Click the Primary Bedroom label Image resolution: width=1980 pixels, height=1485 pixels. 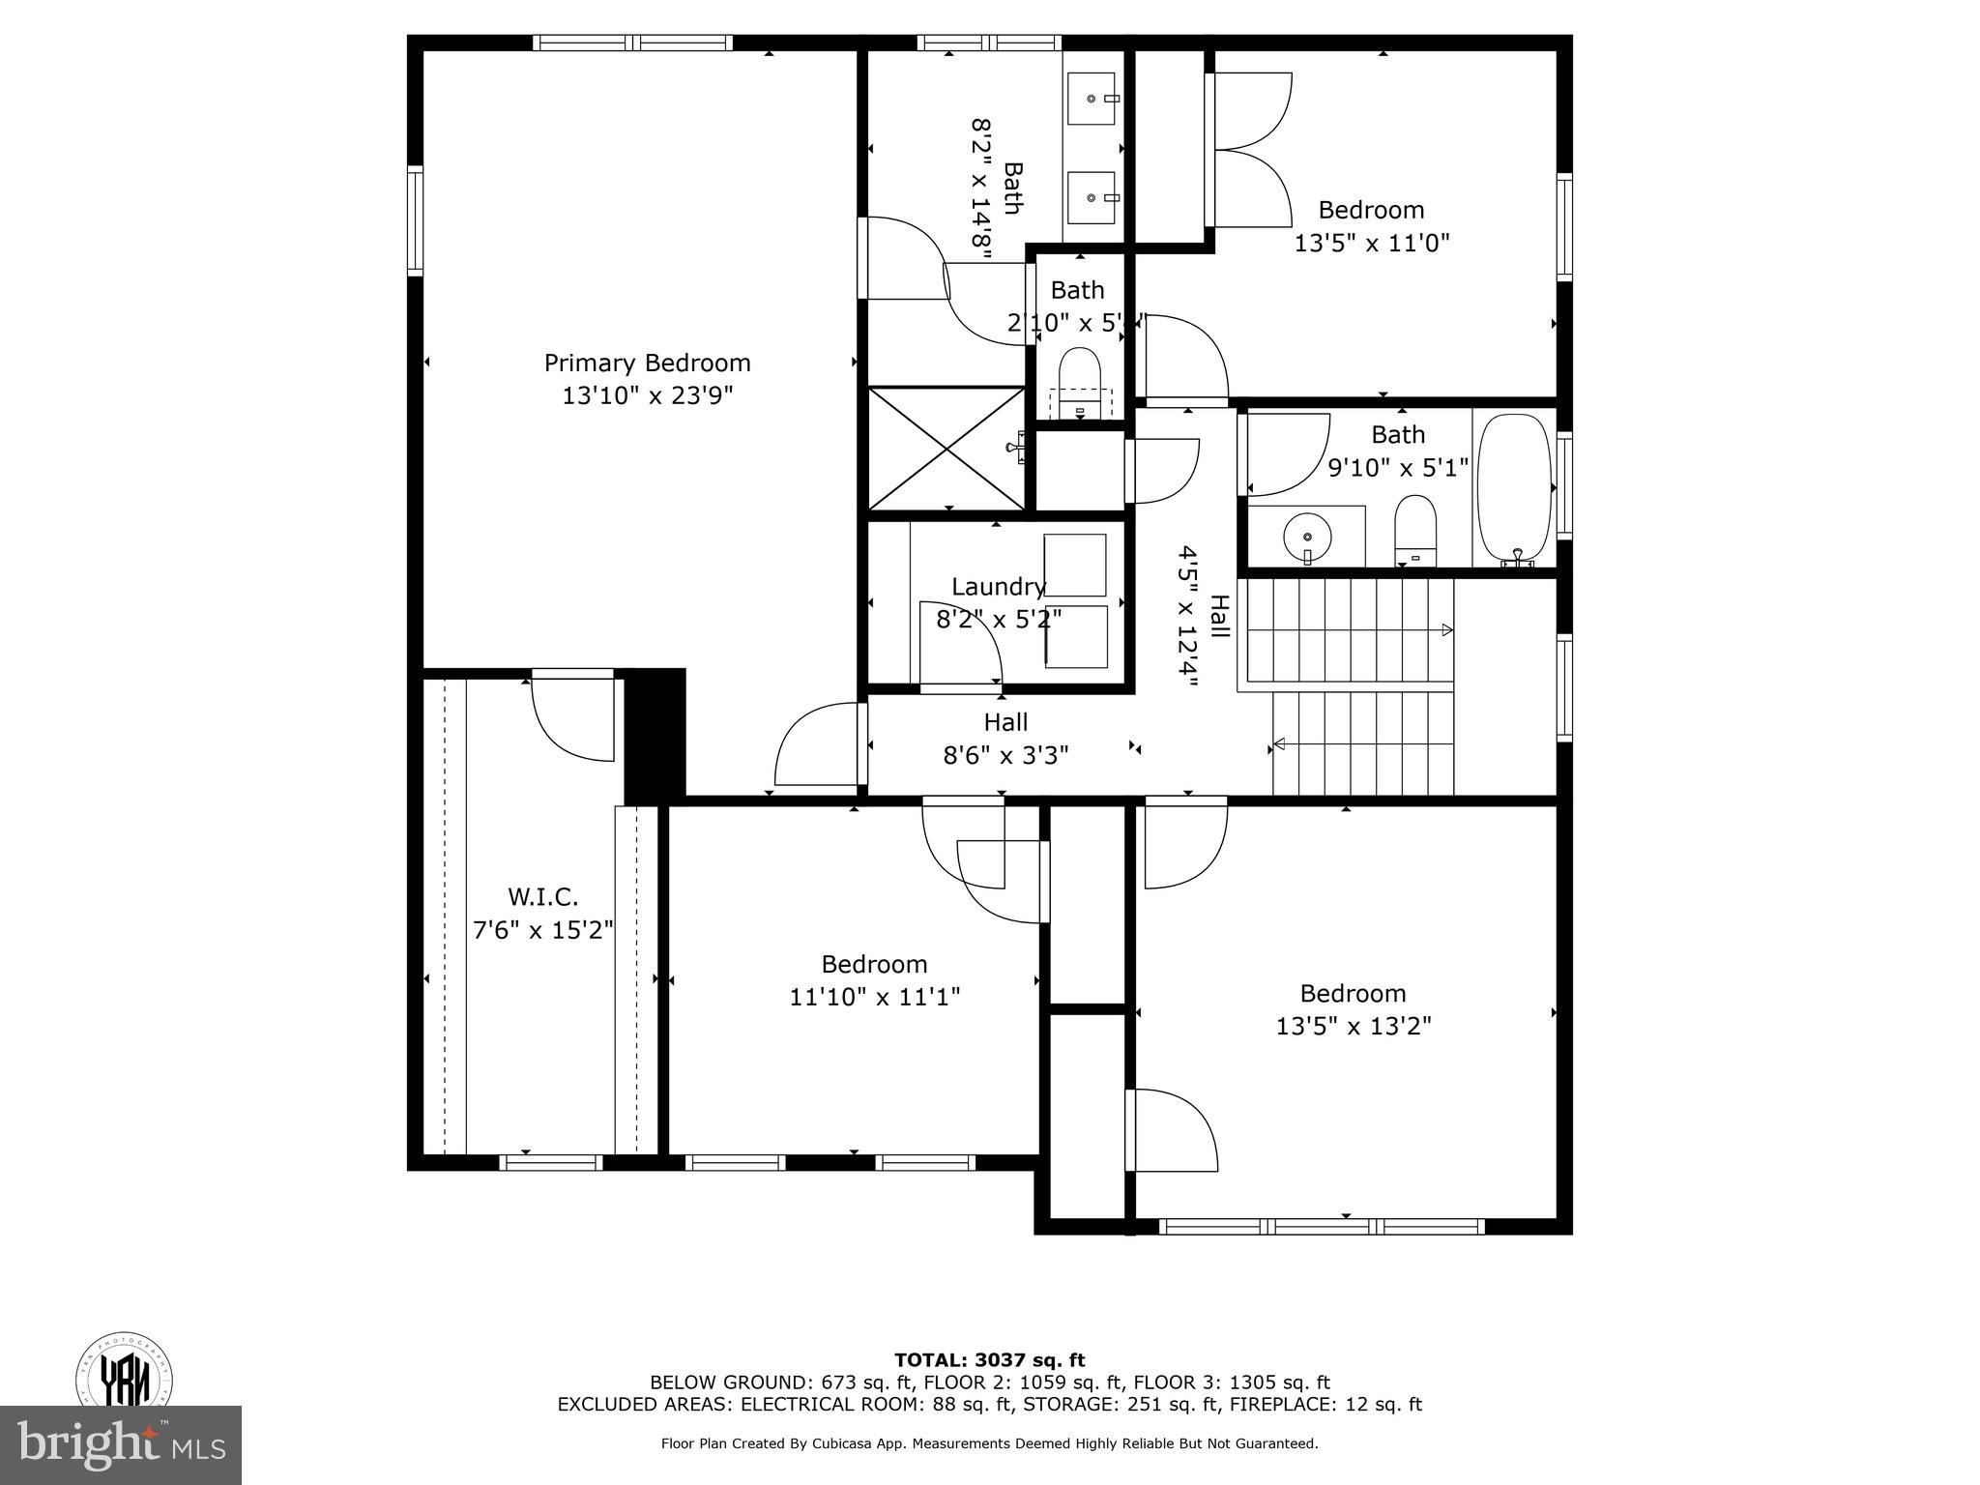647,364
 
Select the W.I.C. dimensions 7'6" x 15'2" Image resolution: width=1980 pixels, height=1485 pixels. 543,930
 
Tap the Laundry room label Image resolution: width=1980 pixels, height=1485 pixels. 998,587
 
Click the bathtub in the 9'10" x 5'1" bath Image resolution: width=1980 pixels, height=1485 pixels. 1514,488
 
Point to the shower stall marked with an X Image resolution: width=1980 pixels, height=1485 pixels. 946,448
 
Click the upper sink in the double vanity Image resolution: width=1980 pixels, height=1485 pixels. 1092,99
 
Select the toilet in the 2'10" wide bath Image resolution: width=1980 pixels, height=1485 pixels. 1080,380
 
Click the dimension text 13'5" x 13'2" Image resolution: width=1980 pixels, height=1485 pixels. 1353,1026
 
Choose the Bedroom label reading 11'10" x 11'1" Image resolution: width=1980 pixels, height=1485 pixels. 874,964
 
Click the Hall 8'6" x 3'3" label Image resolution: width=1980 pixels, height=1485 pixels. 1005,739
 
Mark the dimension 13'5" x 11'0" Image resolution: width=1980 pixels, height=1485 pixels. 1372,243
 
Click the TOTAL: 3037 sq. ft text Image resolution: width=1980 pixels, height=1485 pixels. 989,1360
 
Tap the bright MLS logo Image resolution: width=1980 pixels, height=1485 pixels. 121,1444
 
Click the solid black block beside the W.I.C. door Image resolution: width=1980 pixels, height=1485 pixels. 655,735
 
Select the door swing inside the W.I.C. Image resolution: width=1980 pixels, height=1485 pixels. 572,718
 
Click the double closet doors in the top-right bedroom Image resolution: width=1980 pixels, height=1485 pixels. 1252,150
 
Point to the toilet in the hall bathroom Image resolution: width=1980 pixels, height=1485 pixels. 1415,530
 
